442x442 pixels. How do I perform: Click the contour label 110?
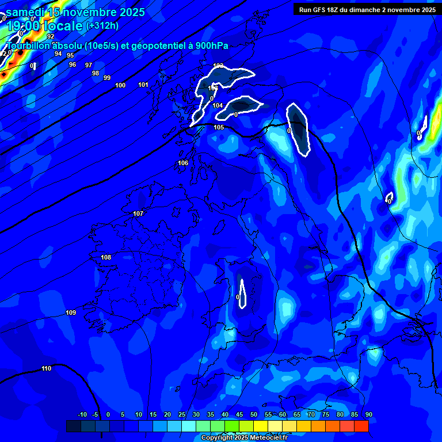[47, 368]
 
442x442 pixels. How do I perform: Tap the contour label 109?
[71, 313]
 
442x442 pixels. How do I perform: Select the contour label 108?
[106, 257]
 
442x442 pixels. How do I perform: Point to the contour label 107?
[138, 214]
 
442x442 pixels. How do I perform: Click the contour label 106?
[183, 163]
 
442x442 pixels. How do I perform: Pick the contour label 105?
[219, 127]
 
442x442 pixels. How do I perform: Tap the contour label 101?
[143, 85]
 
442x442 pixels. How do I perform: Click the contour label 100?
[120, 85]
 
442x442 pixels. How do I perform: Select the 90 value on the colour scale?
[368, 414]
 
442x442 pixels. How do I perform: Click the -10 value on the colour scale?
[82, 414]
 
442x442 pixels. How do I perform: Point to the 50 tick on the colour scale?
[254, 414]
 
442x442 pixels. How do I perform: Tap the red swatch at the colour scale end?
[361, 426]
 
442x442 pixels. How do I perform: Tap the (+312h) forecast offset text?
[103, 26]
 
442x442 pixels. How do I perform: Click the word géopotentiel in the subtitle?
[158, 46]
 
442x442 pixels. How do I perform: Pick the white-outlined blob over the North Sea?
[298, 129]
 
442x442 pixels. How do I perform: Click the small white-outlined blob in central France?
[242, 294]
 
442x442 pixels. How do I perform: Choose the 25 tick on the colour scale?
[182, 414]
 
